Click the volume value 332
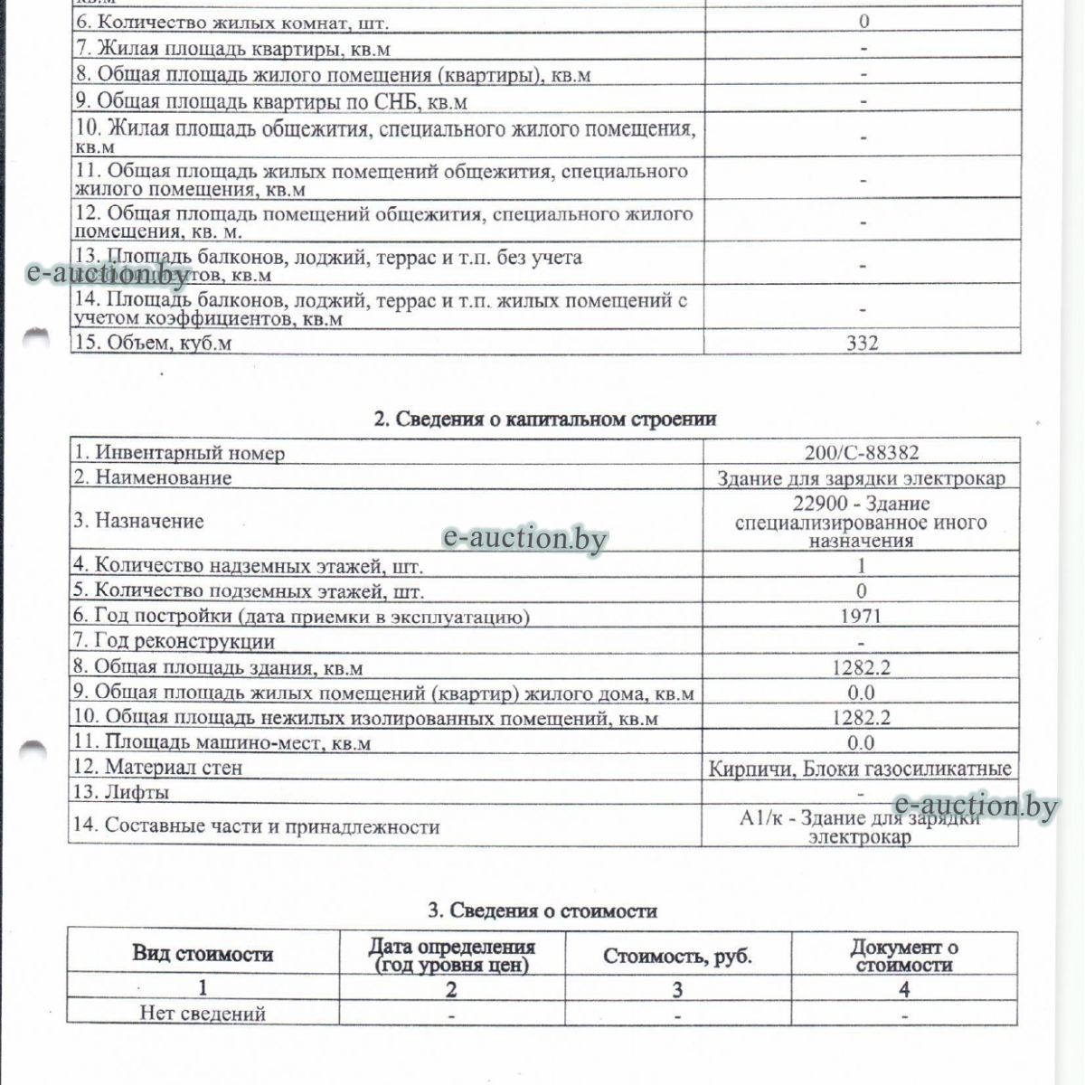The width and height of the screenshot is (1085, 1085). (863, 343)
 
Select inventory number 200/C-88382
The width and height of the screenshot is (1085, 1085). (861, 453)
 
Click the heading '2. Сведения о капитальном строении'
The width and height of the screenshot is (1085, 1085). (545, 419)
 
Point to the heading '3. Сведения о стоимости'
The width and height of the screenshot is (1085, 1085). (542, 910)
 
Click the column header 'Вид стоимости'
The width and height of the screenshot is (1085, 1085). (203, 953)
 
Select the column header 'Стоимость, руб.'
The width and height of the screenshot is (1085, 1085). (678, 956)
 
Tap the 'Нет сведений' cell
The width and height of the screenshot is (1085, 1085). (203, 1013)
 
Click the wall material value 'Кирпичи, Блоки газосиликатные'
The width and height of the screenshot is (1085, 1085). (861, 769)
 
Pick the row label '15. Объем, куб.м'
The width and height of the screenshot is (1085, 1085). (160, 343)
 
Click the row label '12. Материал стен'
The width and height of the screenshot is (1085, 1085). (158, 768)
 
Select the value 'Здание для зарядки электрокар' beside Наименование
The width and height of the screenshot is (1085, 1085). (861, 478)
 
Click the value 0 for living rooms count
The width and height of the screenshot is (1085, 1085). (863, 22)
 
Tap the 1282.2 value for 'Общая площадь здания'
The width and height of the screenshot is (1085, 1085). (861, 667)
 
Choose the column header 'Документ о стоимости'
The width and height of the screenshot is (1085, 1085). (904, 956)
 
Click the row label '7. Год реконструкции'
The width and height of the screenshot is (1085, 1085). (174, 642)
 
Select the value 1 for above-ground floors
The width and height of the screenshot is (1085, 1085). (861, 566)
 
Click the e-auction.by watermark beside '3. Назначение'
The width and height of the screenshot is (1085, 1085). (524, 539)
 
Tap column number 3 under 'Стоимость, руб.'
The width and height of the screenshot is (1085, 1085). (678, 988)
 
